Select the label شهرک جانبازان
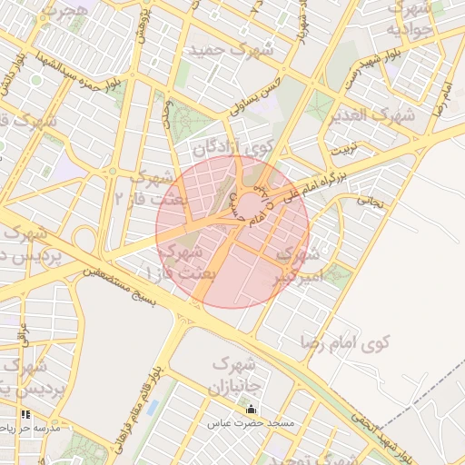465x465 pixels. point(238,374)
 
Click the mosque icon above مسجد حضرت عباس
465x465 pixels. point(251,410)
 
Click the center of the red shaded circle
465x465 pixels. point(232,232)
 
